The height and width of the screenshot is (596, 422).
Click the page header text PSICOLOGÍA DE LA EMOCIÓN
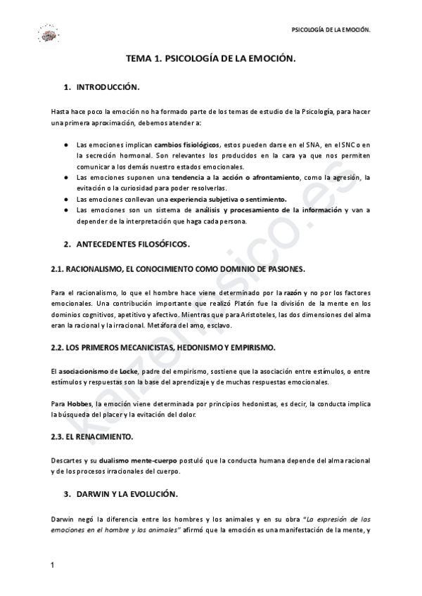(331, 30)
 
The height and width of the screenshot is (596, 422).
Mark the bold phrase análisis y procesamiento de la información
(275, 209)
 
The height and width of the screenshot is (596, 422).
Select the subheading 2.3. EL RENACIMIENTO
(92, 436)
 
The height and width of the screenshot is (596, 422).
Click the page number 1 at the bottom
(53, 565)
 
